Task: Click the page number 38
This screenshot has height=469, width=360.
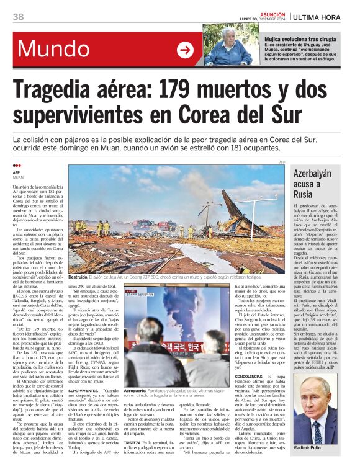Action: (18, 17)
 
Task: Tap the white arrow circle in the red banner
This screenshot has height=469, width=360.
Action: (185, 50)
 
